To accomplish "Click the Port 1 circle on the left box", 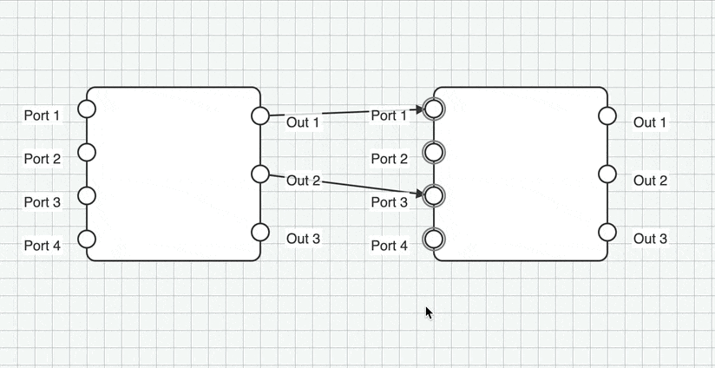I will [x=87, y=108].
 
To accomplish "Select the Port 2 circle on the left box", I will [x=87, y=152].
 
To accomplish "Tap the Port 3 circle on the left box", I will [x=87, y=195].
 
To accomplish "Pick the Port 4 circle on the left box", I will [x=87, y=239].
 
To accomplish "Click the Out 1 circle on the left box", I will [x=260, y=115].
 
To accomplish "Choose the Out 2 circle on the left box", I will [x=260, y=174].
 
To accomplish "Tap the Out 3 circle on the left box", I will [x=260, y=232].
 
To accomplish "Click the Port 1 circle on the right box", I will [x=434, y=108].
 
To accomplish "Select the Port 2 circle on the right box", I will [x=434, y=152].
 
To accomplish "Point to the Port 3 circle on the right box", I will [x=434, y=195].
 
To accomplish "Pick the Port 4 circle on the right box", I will [x=434, y=239].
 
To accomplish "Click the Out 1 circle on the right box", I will [x=607, y=115].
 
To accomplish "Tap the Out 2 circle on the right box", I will [x=607, y=174].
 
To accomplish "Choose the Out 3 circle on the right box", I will [x=607, y=232].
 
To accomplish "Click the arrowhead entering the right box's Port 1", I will [x=418, y=109].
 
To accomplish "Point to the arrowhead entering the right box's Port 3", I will [x=418, y=194].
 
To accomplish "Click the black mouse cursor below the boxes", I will [x=429, y=312].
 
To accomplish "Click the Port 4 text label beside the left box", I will [x=43, y=246].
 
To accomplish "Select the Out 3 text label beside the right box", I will [x=650, y=239].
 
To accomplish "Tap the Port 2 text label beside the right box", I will [x=390, y=159].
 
